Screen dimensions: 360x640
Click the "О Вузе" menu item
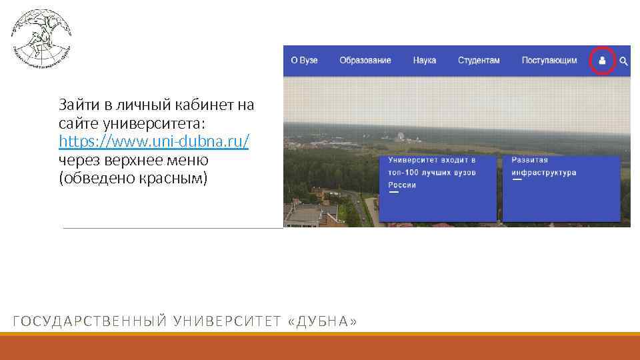[304, 60]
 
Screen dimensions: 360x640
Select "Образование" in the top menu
[365, 60]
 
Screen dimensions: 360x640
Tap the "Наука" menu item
[424, 60]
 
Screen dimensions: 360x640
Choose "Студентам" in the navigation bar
[478, 60]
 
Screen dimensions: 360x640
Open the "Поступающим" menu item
[549, 60]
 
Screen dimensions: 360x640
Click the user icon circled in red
[603, 61]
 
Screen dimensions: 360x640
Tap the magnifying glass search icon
[623, 61]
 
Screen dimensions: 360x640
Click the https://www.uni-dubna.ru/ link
[154, 142]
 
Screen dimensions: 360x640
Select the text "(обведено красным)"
[133, 179]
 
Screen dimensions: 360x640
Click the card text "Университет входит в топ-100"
[431, 166]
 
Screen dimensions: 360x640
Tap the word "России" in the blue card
[402, 185]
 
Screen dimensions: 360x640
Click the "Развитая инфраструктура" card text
[543, 166]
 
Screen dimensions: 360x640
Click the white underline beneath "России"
[393, 192]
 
